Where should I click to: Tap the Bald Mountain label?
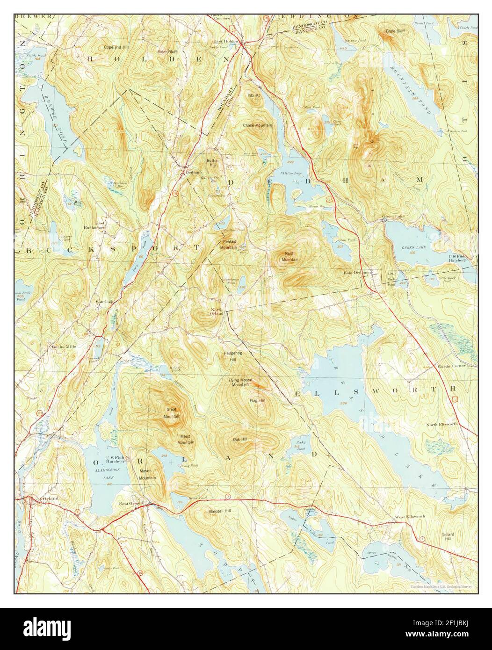289,256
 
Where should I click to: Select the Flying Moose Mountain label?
240,382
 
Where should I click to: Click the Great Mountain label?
172,412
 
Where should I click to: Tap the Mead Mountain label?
186,439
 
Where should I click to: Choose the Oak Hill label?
240,440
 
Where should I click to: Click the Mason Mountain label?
147,475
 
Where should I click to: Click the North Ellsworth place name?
442,424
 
